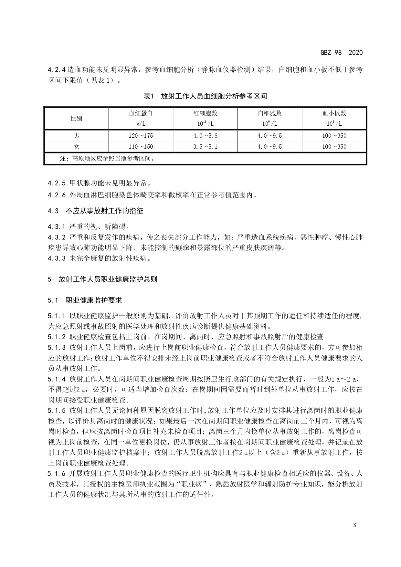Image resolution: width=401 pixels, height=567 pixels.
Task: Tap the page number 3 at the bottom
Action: (x=354, y=525)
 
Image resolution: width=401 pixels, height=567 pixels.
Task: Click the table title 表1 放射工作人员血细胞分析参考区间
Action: (x=205, y=96)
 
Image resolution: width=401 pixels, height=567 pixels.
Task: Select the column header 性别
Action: (x=76, y=118)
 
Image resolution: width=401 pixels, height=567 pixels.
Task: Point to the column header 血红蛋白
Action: (x=141, y=113)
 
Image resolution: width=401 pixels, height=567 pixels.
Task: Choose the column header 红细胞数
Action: (x=205, y=113)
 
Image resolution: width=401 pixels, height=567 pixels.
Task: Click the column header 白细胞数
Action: (x=270, y=113)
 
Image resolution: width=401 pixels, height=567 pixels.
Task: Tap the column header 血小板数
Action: (x=334, y=113)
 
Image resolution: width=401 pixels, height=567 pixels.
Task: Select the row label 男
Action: (x=76, y=135)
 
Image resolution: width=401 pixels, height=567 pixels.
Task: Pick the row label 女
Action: (x=76, y=146)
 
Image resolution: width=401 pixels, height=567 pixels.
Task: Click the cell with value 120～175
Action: (x=141, y=136)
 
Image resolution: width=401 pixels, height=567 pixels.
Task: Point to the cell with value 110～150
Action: (x=141, y=147)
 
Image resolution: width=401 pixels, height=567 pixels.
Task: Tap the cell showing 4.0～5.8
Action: (x=205, y=136)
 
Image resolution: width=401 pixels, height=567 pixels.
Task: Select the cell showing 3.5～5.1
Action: (x=205, y=147)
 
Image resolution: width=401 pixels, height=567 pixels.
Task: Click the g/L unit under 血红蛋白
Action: (x=141, y=124)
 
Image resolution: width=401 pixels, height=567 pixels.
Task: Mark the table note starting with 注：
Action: (x=107, y=159)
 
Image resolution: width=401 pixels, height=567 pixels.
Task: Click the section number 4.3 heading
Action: (x=53, y=211)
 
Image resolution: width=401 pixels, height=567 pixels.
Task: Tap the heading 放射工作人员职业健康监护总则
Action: (x=108, y=279)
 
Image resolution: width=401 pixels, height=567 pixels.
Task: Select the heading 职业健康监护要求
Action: (x=94, y=300)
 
